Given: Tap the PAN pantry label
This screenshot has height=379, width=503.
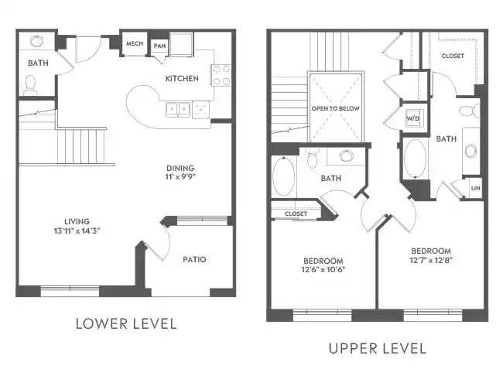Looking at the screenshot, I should (x=159, y=46).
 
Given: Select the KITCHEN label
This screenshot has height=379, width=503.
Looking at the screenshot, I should (x=182, y=78).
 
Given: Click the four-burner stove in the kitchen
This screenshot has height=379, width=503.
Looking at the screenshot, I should (x=221, y=75).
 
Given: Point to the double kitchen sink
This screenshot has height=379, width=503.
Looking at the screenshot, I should (x=178, y=109).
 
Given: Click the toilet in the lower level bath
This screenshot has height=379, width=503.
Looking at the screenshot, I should (x=31, y=84).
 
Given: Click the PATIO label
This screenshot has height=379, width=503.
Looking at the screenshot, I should (x=193, y=259).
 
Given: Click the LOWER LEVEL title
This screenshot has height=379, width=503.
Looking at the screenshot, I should (x=125, y=323).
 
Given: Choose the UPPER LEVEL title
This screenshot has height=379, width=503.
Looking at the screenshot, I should (x=377, y=348).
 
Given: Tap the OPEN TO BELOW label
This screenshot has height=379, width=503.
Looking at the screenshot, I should (x=335, y=108).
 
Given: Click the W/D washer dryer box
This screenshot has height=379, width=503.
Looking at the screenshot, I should (x=412, y=118).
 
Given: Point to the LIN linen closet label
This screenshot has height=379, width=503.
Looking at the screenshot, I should (x=475, y=188).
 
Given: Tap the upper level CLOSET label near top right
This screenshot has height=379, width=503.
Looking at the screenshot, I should (x=453, y=56).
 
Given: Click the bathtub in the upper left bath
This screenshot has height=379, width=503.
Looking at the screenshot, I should (x=284, y=177).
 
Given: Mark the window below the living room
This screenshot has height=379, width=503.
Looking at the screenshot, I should (x=69, y=292).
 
